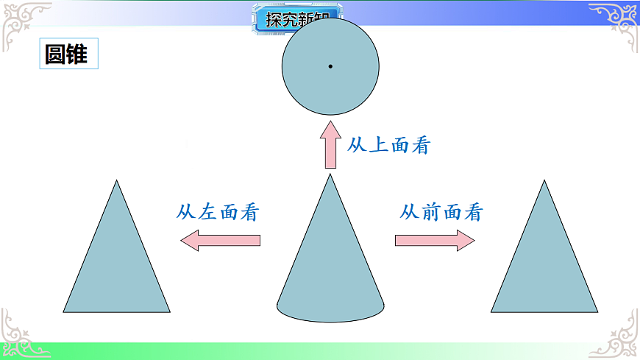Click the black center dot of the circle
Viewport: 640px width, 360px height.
[x=330, y=67]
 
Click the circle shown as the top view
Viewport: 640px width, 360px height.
[x=309, y=81]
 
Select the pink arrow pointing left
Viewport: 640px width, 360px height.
[x=221, y=240]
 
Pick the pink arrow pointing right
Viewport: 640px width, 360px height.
[x=435, y=240]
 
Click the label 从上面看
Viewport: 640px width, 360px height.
[x=388, y=145]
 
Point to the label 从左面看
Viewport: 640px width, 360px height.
[x=218, y=212]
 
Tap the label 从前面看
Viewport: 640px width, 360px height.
[x=441, y=212]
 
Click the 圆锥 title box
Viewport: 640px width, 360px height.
[x=67, y=54]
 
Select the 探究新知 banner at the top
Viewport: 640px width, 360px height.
[x=298, y=18]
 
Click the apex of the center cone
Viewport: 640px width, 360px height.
[x=330, y=176]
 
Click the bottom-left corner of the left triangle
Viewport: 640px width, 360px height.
[x=65, y=311]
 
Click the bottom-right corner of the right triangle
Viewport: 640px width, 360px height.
[x=597, y=311]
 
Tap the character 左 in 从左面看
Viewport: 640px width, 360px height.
[x=207, y=212]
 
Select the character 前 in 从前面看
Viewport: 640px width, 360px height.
[x=431, y=212]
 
